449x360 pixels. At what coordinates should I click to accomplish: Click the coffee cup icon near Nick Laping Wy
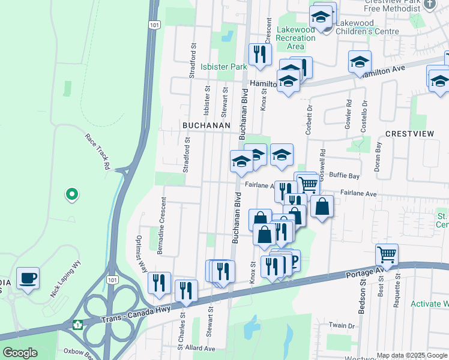28,278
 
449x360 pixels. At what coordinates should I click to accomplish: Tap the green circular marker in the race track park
71,194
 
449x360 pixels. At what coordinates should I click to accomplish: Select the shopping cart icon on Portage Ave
387,255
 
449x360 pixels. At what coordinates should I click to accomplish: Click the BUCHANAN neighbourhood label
206,125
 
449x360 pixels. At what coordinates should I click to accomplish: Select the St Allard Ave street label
196,347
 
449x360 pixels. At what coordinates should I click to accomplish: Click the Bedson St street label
363,291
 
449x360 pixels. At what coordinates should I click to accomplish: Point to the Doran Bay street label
378,157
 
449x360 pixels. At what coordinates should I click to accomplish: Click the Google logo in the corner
20,353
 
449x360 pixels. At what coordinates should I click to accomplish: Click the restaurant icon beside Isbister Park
260,54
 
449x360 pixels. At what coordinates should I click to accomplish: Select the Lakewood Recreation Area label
296,38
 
